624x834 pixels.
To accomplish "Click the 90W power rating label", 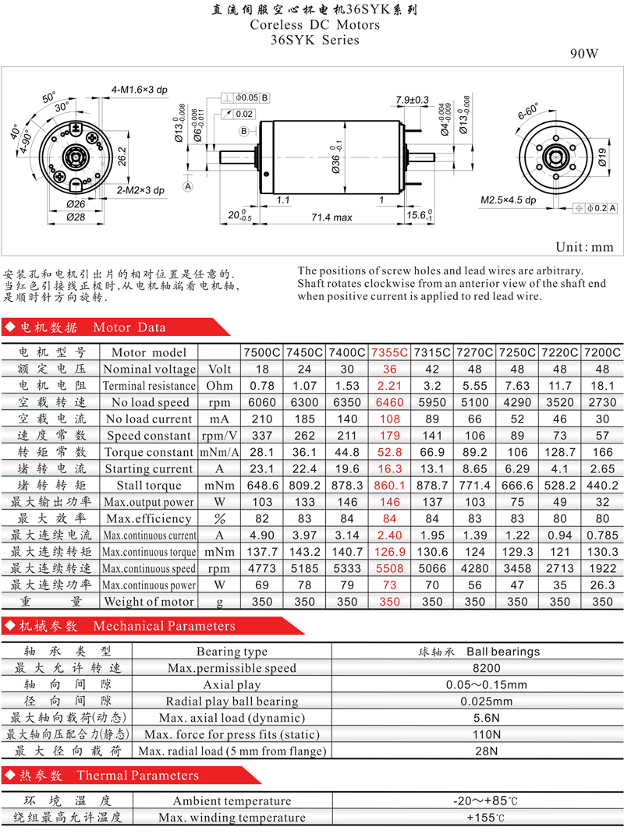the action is (x=584, y=54).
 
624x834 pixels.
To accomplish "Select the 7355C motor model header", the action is (x=390, y=352).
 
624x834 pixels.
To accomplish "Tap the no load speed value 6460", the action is (x=390, y=403).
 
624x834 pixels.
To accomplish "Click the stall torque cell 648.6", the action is (x=262, y=486).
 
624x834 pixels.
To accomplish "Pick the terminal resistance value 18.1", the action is (x=602, y=386).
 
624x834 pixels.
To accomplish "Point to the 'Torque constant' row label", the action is (x=148, y=452).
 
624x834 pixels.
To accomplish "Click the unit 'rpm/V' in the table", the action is (x=219, y=436).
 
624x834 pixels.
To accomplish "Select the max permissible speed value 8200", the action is (x=487, y=668).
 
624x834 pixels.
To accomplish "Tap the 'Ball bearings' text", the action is (x=503, y=652).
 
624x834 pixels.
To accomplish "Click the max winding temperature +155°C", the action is (x=486, y=818).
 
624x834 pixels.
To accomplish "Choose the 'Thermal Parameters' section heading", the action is (x=138, y=776).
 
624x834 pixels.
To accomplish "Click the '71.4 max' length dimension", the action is (x=331, y=217).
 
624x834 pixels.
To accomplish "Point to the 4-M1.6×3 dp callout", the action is (x=139, y=90).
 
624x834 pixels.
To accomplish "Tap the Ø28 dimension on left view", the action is (x=76, y=217).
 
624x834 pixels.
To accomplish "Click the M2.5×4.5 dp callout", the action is (x=509, y=200).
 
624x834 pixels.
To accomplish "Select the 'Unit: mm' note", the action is (x=584, y=247).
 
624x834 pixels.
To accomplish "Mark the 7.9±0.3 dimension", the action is (x=412, y=100).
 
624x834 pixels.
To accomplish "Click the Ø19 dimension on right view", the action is (x=602, y=157).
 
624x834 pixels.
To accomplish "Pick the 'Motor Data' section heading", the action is (x=129, y=327).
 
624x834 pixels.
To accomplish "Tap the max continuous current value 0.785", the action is (x=602, y=535).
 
